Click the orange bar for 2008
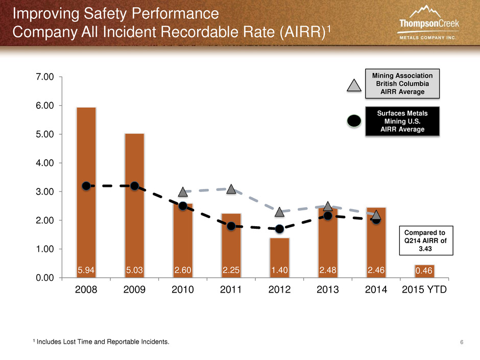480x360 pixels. tap(86, 192)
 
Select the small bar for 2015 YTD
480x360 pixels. tap(424, 271)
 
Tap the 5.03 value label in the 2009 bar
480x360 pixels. tap(134, 270)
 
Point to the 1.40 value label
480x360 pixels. tap(279, 270)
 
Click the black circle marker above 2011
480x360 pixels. tap(231, 226)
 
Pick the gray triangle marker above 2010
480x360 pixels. tap(183, 192)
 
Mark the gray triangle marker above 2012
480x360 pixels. tap(279, 212)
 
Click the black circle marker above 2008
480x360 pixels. tap(86, 186)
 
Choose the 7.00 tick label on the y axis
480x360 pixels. tap(45, 77)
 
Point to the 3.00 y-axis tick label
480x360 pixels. tap(45, 191)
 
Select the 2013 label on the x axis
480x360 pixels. tap(327, 290)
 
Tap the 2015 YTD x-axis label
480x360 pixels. tap(424, 290)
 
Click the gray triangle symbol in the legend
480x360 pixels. tap(354, 85)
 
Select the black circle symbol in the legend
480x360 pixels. tap(354, 121)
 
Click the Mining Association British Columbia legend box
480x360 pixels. tap(402, 84)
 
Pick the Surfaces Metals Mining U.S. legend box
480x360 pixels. tap(402, 121)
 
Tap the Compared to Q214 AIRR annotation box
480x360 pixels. tap(426, 241)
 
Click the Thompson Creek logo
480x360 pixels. tap(428, 22)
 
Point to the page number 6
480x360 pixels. tap(462, 342)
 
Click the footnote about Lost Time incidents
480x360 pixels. tap(101, 342)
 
